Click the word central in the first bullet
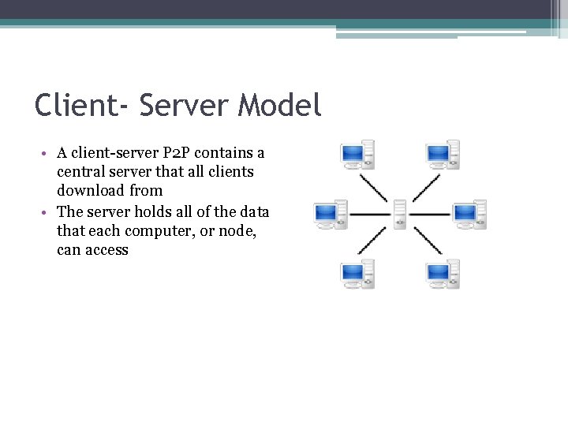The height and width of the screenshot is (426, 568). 80,171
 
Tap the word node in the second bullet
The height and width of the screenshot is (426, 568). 243,231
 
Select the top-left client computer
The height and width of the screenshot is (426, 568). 357,155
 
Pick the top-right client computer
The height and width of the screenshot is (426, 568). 442,155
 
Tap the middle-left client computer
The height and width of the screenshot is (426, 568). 331,213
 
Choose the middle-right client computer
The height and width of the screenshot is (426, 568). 469,213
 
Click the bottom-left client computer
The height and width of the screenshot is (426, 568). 357,274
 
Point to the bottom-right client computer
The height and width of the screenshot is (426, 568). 442,274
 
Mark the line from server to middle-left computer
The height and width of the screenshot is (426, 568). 369,214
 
